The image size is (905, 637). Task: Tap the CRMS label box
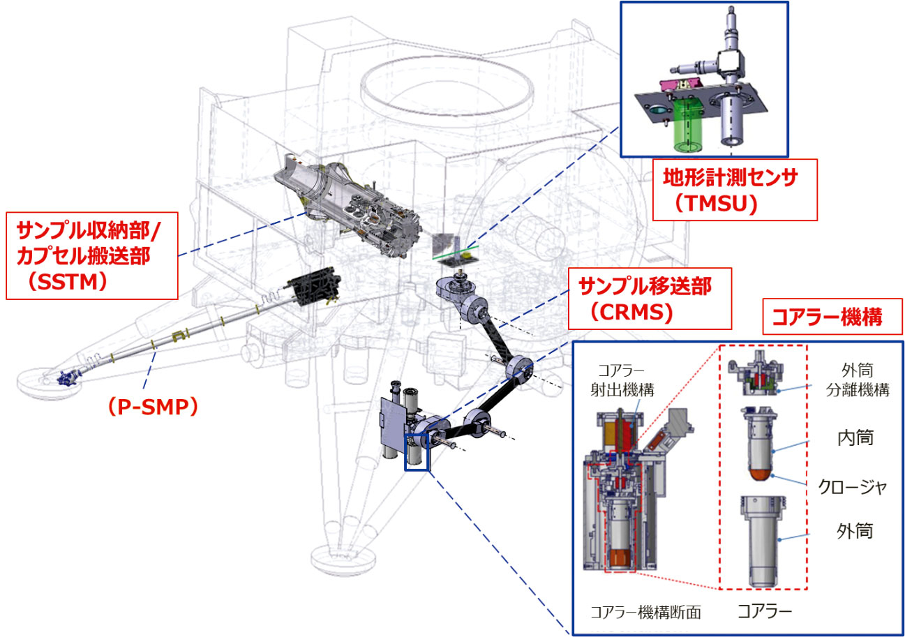tap(649, 298)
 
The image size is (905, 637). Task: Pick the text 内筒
tap(854, 438)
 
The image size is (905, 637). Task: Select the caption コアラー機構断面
tap(645, 613)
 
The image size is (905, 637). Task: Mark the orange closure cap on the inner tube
tap(764, 474)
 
